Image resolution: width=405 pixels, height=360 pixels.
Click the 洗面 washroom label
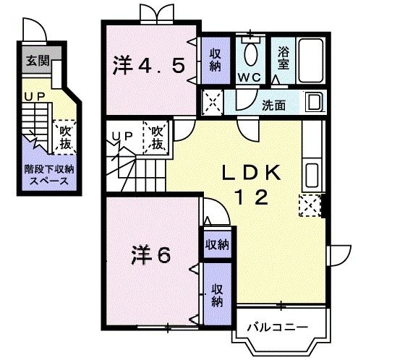click(x=273, y=105)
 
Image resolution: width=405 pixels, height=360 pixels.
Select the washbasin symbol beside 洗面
click(x=315, y=102)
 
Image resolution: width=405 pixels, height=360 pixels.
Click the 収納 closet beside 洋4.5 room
click(x=216, y=59)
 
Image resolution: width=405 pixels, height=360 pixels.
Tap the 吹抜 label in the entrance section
click(x=64, y=137)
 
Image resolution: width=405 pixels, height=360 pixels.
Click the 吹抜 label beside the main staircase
click(x=157, y=137)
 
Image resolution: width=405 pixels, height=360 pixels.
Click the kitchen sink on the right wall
click(x=312, y=175)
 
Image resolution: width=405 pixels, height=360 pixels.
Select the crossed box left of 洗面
click(x=213, y=102)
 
